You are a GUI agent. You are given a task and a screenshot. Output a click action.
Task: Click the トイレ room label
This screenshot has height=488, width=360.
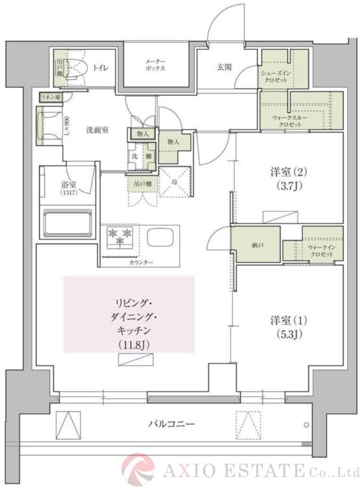point(101,67)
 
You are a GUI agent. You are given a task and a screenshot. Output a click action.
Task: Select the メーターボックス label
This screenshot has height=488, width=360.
point(155,64)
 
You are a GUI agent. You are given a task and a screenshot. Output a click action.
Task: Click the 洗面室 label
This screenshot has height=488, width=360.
point(97,130)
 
